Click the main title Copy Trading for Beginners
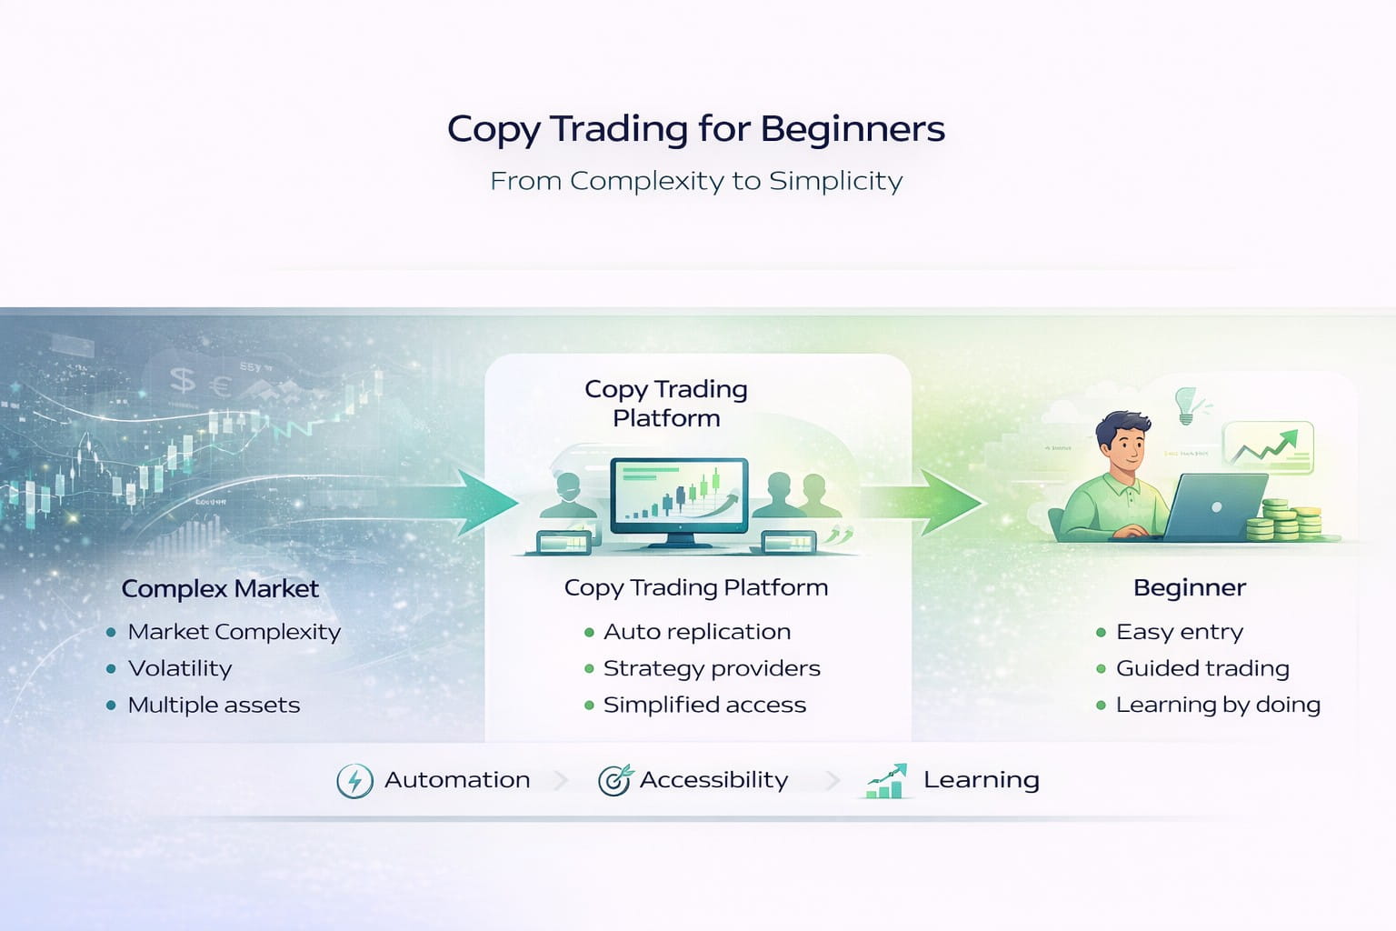[x=696, y=129]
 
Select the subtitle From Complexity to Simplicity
[x=696, y=181]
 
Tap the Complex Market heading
[x=220, y=589]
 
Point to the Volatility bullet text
[x=180, y=668]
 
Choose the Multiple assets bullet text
[x=214, y=705]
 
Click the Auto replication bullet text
[x=697, y=632]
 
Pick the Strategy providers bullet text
[x=712, y=668]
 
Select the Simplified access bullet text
[x=704, y=705]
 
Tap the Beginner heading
[x=1189, y=588]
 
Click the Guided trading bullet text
[x=1202, y=668]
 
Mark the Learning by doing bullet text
[x=1218, y=705]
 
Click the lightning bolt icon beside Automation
[x=354, y=781]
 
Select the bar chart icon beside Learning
[x=886, y=781]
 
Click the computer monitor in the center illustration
[x=680, y=498]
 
